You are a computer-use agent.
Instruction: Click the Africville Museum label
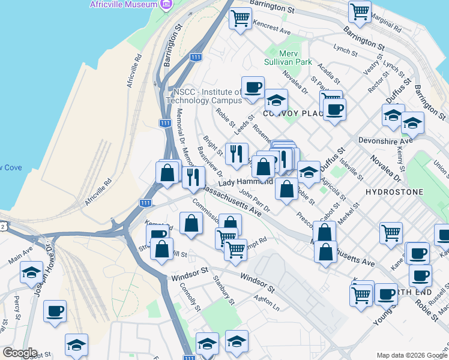coord(123,4)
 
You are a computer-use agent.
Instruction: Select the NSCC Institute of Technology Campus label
coord(206,96)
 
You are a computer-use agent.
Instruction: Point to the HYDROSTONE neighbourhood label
coord(394,192)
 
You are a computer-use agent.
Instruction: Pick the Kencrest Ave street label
coord(272,28)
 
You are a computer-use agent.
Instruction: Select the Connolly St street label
coord(190,296)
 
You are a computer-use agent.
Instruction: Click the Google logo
coord(19,353)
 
